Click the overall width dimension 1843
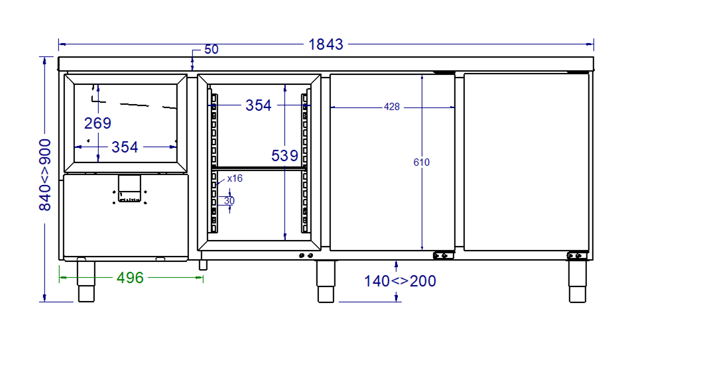(x=326, y=44)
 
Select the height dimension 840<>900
(x=45, y=175)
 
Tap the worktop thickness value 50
(x=212, y=49)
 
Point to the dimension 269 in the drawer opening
(x=97, y=123)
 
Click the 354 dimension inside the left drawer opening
(x=125, y=147)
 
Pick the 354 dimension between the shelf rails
(x=258, y=105)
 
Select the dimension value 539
(x=285, y=155)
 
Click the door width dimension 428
(x=392, y=107)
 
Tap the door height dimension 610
(x=421, y=162)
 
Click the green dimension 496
(x=130, y=278)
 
